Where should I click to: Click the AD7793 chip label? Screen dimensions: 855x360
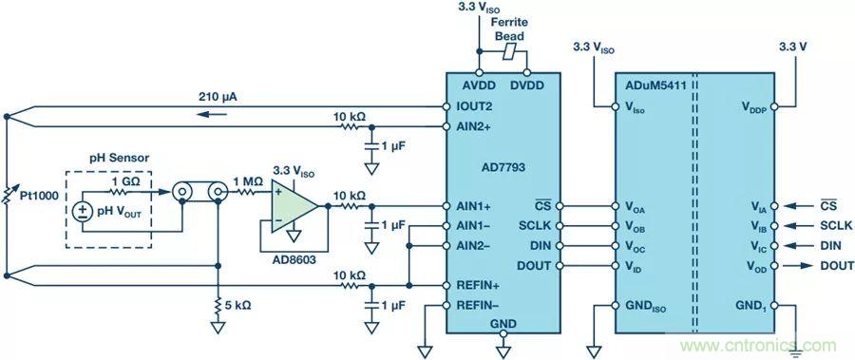click(x=503, y=167)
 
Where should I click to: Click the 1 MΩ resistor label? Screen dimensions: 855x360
click(x=248, y=180)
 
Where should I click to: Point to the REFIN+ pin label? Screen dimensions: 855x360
click(x=478, y=285)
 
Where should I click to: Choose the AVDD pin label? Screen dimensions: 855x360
click(x=480, y=85)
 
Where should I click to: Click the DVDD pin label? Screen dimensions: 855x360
click(x=527, y=85)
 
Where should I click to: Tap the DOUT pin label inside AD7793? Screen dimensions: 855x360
click(x=534, y=266)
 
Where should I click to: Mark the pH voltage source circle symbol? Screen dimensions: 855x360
click(x=83, y=212)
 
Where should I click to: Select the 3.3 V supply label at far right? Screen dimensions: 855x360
click(x=793, y=47)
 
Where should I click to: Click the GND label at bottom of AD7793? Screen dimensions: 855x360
click(x=503, y=324)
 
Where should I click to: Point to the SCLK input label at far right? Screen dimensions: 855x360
click(x=836, y=226)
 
